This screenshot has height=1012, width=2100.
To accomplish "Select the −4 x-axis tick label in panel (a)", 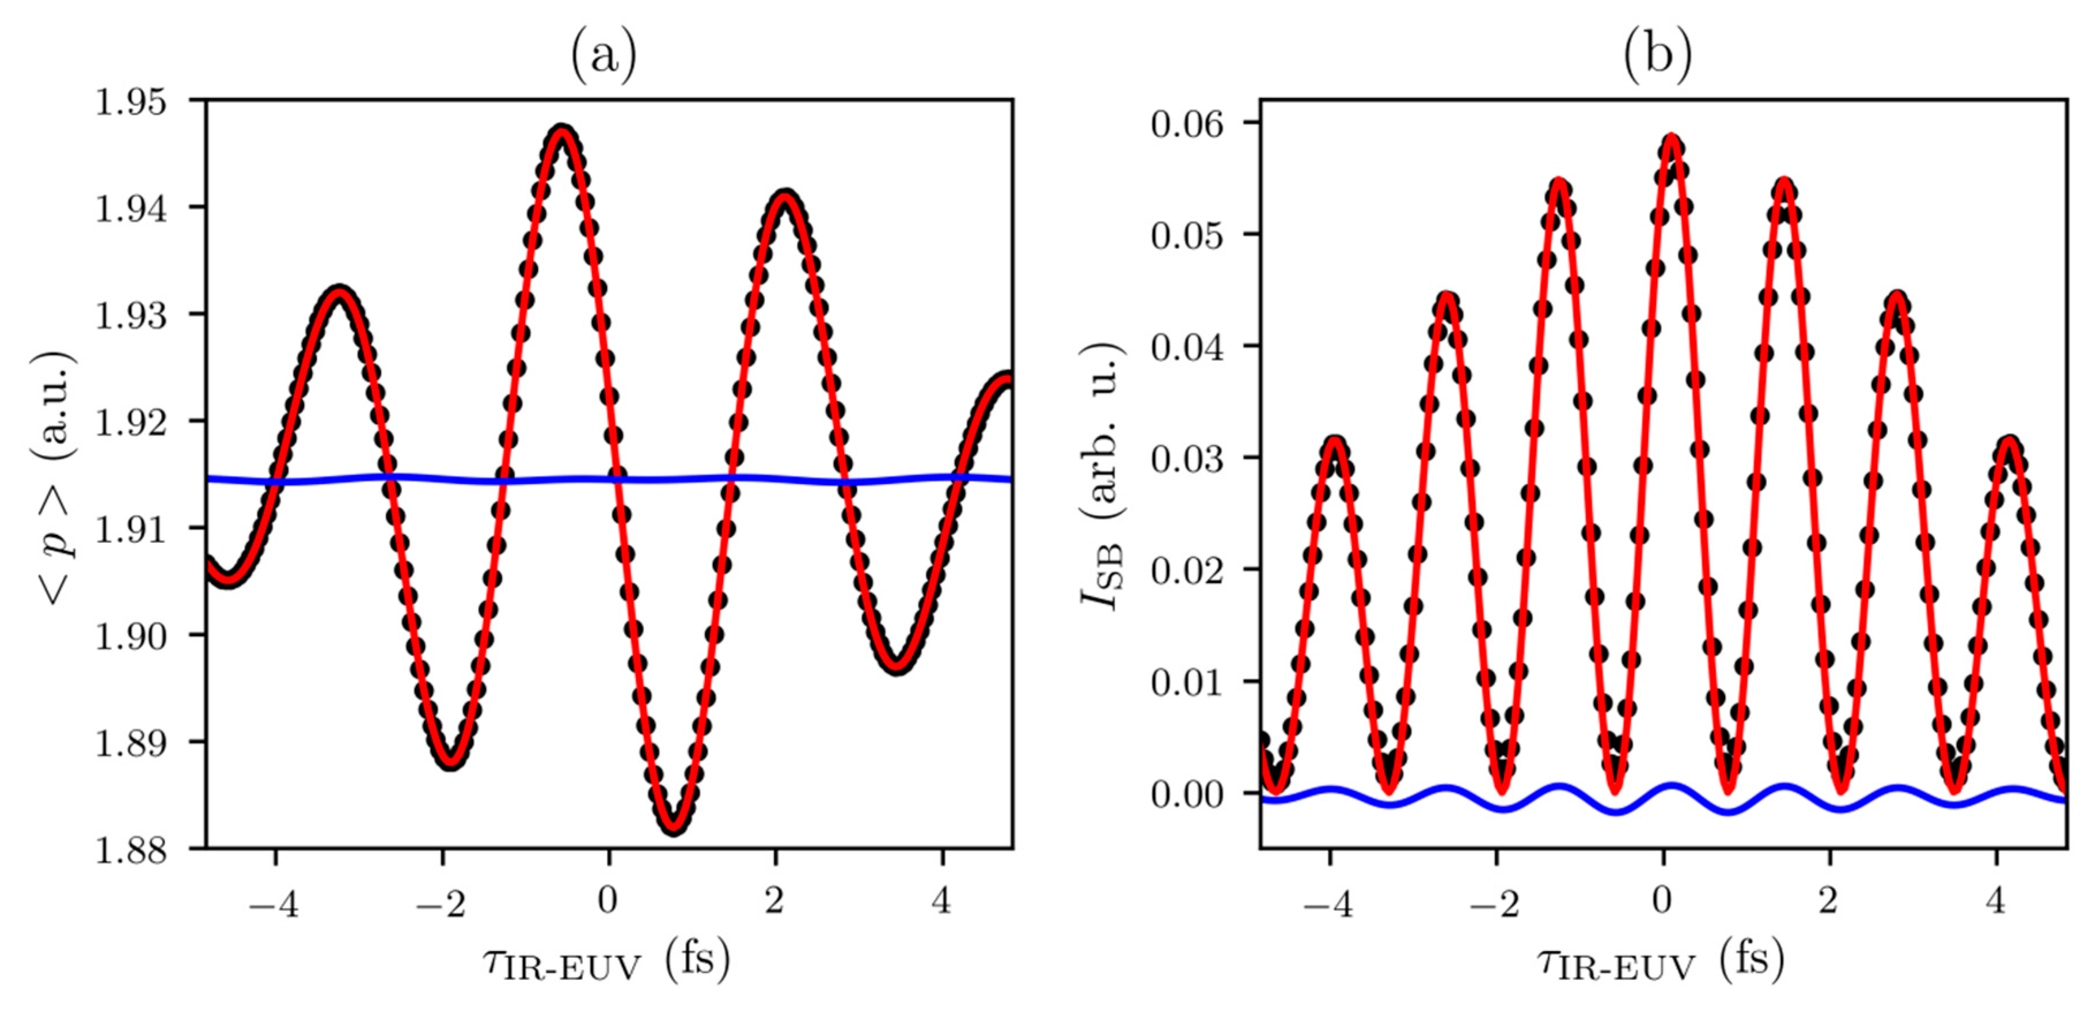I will (x=274, y=903).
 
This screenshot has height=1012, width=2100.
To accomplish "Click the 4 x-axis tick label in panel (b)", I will (x=1995, y=901).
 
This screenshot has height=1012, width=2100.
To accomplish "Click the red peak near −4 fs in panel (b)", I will (x=1335, y=441).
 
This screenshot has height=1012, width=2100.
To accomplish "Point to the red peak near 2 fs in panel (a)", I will (x=784, y=196).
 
